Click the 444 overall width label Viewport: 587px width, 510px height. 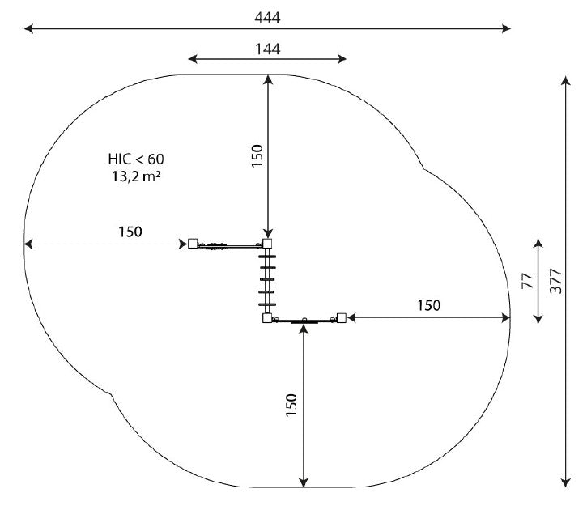(x=267, y=18)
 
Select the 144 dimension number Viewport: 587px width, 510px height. (x=267, y=49)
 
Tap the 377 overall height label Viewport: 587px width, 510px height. (x=556, y=281)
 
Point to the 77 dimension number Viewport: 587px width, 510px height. (x=527, y=281)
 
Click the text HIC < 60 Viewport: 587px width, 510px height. (x=136, y=159)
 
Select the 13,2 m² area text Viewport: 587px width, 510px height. (x=136, y=176)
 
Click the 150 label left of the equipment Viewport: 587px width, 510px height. (x=130, y=232)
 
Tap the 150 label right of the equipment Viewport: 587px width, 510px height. (x=429, y=306)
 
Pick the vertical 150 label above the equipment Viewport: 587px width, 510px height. (x=257, y=155)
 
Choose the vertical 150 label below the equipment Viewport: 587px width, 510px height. (x=291, y=405)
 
